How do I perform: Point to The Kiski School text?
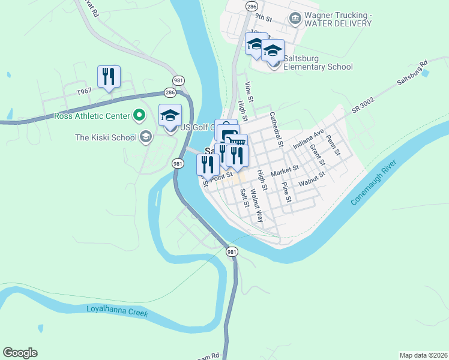[106, 137]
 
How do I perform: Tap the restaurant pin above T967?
[109, 77]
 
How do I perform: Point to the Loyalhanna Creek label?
[116, 311]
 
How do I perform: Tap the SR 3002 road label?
[363, 104]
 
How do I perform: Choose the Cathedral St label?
[276, 129]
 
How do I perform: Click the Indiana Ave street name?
[308, 139]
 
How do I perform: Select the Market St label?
[285, 172]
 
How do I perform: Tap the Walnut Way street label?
[257, 206]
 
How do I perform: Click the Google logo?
[20, 353]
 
